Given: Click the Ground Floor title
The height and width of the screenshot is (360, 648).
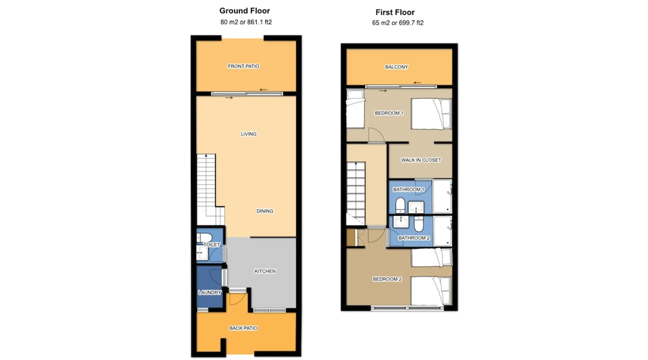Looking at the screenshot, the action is (x=244, y=11).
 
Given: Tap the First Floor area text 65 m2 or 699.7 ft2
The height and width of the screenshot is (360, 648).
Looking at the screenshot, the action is (x=398, y=23).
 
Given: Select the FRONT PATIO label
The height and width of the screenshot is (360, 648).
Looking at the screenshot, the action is (x=243, y=66).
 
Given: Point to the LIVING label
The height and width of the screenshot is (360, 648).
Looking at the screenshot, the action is (x=249, y=134).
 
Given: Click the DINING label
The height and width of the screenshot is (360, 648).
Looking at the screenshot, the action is (x=265, y=211).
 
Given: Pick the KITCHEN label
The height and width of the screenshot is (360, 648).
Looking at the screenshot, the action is (x=265, y=271).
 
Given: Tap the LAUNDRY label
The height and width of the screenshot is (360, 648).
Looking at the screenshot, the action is (x=210, y=292).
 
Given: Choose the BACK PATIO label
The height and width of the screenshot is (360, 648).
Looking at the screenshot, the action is (x=243, y=328).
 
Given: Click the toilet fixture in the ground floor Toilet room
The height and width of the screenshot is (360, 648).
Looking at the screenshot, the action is (x=204, y=238).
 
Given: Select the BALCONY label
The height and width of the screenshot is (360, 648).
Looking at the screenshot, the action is (x=396, y=67).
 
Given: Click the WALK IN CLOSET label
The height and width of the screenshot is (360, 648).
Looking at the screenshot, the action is (x=421, y=160).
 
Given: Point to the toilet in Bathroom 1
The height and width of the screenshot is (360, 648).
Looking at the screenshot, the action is (x=400, y=206).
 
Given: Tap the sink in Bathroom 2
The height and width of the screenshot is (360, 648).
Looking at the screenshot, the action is (x=401, y=222).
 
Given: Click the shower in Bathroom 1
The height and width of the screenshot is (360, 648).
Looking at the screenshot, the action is (x=442, y=197).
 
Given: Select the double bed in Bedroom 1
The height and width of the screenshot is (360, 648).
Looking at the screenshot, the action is (x=431, y=114).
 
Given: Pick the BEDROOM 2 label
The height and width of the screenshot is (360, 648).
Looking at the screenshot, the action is (x=387, y=279).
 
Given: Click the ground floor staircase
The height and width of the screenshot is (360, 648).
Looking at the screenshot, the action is (x=210, y=190).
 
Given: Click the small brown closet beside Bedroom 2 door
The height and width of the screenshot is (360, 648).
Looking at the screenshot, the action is (x=351, y=238).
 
